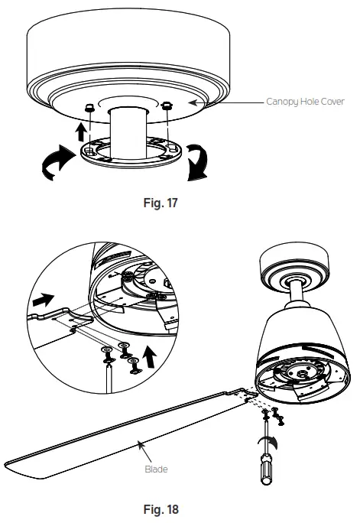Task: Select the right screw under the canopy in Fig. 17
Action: click(165, 106)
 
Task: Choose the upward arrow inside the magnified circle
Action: click(153, 352)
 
